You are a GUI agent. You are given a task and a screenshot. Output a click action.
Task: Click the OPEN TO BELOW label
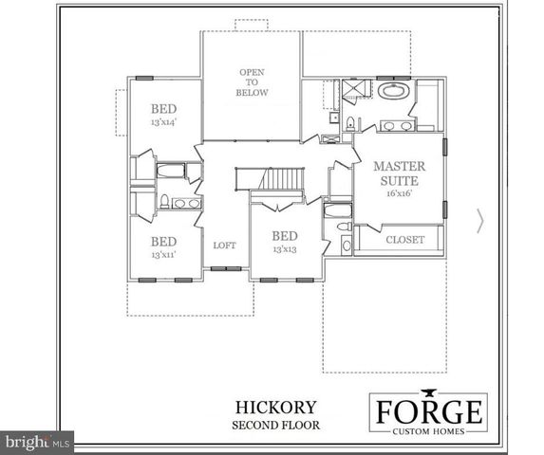tap(253, 82)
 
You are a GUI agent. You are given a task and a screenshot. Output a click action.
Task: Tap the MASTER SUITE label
tap(398, 172)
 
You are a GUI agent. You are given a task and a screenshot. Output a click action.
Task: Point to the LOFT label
tap(224, 246)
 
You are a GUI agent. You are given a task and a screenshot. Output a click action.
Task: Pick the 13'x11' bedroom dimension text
tap(163, 255)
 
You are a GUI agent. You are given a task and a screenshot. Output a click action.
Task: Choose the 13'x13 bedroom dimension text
tap(285, 249)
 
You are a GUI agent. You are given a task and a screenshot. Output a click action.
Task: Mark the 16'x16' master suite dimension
tap(398, 192)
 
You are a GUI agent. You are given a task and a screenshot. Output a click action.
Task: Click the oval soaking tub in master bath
tap(392, 93)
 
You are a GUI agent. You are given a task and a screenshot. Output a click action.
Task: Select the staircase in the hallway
tap(283, 179)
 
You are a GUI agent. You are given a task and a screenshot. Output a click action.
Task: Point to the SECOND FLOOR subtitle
tap(273, 426)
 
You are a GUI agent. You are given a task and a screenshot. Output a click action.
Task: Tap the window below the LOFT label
tap(225, 269)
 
